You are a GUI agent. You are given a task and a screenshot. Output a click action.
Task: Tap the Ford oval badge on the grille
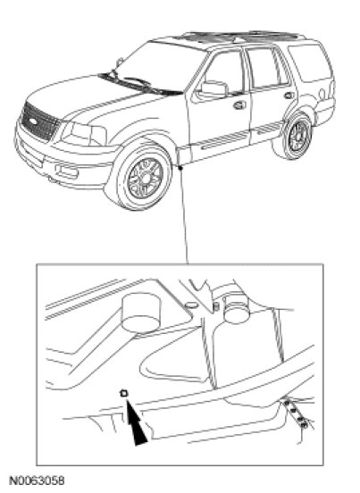pos(33,121)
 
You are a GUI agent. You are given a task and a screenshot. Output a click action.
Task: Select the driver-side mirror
pos(213,88)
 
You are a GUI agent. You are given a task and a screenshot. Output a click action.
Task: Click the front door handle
pos(239,104)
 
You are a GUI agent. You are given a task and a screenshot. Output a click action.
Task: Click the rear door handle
pos(289,95)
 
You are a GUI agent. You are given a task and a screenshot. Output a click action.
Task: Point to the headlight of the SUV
pos(84,134)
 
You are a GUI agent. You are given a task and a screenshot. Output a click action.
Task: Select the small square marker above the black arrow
pos(124,393)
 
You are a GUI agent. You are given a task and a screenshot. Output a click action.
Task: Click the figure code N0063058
pos(37,481)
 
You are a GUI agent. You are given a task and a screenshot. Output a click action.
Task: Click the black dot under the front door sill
pos(180,168)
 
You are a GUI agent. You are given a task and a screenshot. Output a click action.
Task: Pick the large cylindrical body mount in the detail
pos(140,313)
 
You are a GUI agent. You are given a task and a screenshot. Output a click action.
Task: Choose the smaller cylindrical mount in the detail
pos(237,309)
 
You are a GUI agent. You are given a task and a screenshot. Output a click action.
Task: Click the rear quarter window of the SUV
pos(310,63)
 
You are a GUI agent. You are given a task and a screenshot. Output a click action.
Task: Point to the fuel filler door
pos(322,94)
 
